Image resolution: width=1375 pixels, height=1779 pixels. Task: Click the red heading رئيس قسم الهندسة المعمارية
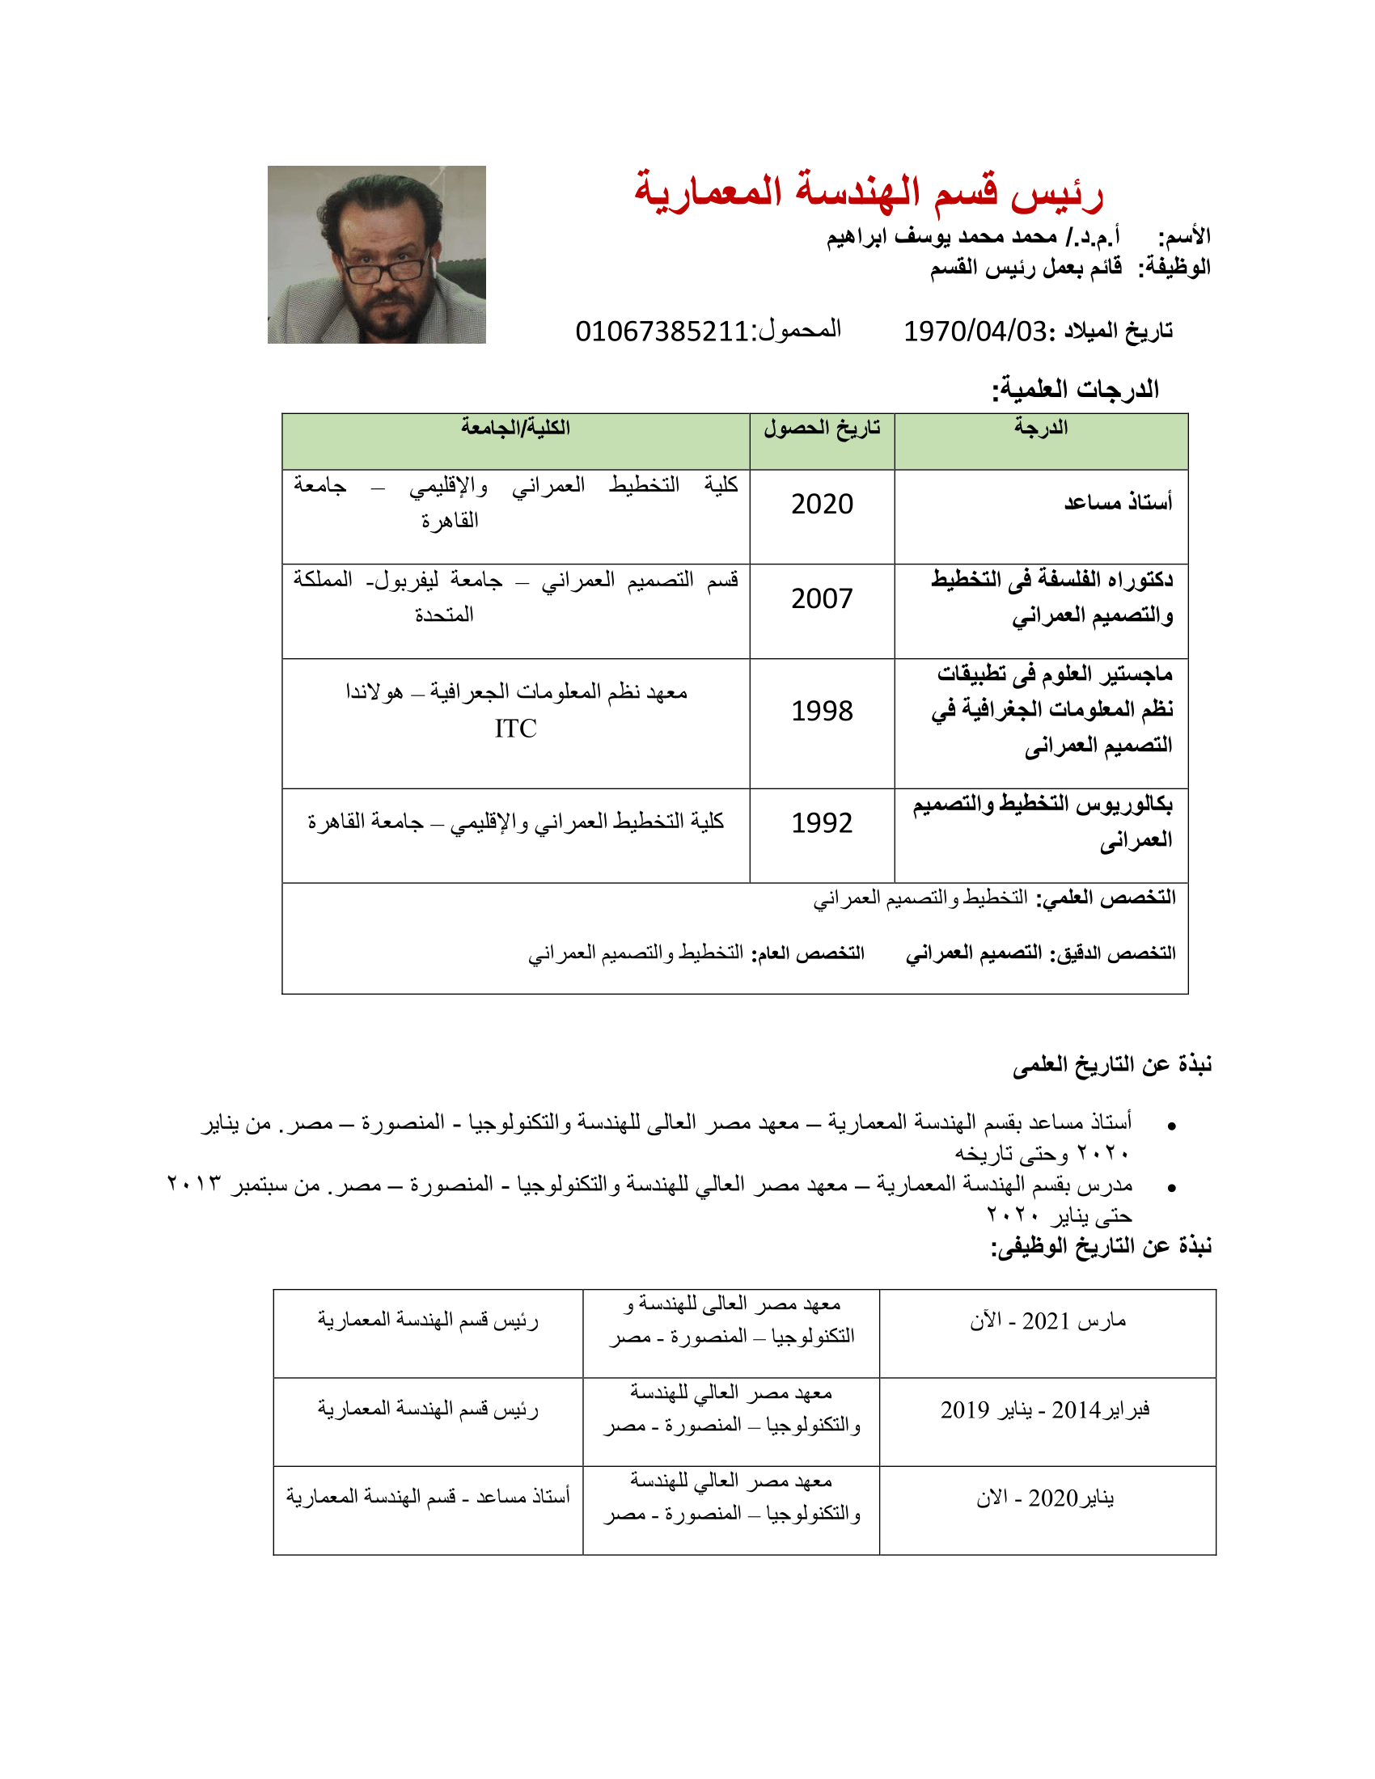[x=869, y=192]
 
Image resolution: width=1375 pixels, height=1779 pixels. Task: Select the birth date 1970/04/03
[x=975, y=331]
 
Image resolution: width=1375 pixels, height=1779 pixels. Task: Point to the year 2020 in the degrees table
[x=822, y=505]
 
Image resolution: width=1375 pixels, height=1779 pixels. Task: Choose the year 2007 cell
[x=822, y=598]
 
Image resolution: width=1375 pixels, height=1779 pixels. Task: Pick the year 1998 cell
[x=822, y=711]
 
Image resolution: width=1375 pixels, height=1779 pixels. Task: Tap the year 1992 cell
[x=822, y=822]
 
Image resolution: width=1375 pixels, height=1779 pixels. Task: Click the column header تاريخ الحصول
[x=822, y=428]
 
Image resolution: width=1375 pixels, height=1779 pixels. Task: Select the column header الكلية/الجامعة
[x=516, y=428]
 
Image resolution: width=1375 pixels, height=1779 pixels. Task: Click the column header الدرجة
[x=1040, y=428]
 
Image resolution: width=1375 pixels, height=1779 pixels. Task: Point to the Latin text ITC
[x=516, y=729]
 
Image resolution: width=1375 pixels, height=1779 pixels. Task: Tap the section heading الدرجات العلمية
[x=1074, y=390]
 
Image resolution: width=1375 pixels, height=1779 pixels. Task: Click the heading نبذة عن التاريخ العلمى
[x=1112, y=1065]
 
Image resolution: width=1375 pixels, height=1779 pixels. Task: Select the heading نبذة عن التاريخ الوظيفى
[x=1101, y=1245]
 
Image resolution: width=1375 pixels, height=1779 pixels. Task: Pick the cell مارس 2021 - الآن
[x=1047, y=1321]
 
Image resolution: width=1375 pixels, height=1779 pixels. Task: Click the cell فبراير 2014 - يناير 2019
[x=1045, y=1410]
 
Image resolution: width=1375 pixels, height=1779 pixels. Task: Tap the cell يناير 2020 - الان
[x=1045, y=1498]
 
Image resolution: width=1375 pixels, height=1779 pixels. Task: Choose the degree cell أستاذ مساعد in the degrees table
[x=1118, y=503]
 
